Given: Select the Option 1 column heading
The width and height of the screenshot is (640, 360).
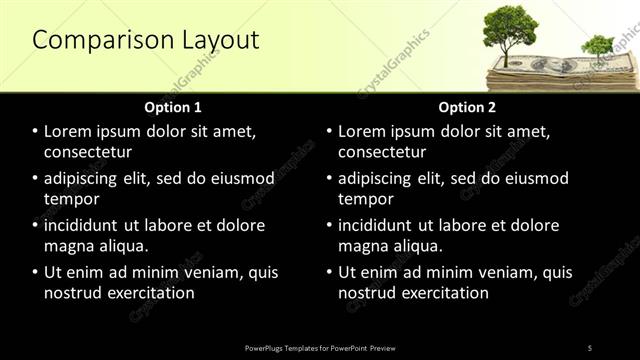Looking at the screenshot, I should tap(173, 107).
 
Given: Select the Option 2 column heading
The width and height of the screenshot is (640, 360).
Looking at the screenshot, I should tap(467, 107).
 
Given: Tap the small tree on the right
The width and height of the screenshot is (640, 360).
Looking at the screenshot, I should tap(598, 46).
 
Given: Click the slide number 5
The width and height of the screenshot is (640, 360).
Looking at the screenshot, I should tap(590, 347).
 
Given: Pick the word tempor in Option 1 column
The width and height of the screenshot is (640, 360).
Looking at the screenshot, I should tap(71, 199).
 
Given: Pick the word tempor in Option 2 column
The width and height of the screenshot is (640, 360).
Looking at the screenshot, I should tap(365, 199).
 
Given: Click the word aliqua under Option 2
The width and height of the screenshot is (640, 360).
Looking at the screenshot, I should tap(419, 246).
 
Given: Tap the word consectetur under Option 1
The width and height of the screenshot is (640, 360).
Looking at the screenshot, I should tap(88, 152).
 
